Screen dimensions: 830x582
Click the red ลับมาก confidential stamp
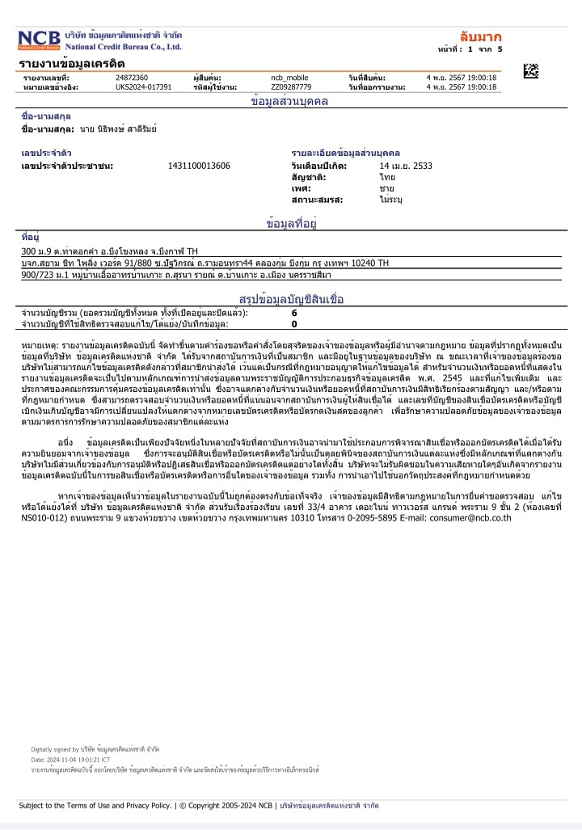coord(480,37)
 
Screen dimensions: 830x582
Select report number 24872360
coord(132,77)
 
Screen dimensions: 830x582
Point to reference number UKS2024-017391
coord(144,86)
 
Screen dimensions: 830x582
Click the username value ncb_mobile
coord(290,77)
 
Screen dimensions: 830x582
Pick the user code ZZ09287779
coord(291,86)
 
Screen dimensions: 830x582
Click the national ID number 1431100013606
coord(199,166)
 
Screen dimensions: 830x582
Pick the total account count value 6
coord(294,313)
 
